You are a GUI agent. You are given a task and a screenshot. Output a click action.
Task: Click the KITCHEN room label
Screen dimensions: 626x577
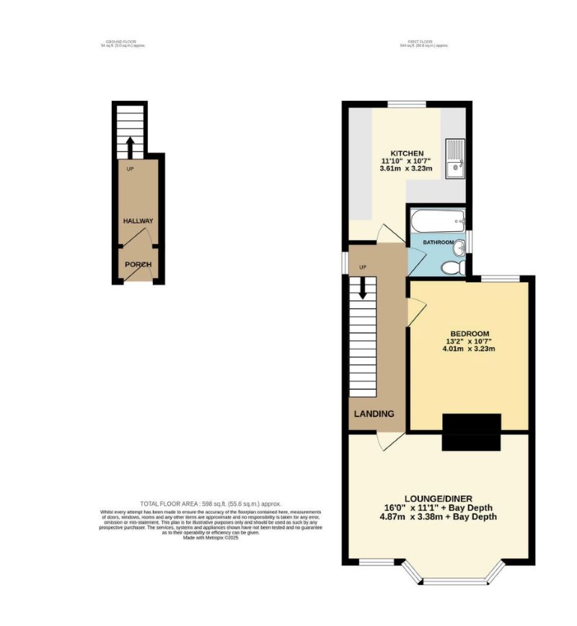pos(406,153)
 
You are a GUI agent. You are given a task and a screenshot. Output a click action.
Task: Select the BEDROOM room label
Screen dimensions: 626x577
pos(470,334)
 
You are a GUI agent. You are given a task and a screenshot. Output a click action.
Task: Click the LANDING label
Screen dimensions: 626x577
pos(374,413)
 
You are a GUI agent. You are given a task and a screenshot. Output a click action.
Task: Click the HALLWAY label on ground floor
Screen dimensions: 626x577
pos(138,221)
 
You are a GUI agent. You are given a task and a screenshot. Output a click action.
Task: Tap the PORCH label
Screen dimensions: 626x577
pos(138,265)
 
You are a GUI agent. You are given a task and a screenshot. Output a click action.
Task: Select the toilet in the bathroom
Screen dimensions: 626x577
pos(452,268)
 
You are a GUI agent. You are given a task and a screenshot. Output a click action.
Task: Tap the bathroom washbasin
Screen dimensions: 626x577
pos(459,246)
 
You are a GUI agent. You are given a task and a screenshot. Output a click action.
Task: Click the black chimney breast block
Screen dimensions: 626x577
pos(471,432)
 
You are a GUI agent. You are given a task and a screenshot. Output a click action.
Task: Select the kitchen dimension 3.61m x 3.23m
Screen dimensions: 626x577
pos(406,169)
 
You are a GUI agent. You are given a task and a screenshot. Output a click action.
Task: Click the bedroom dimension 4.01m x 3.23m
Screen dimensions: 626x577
pos(470,349)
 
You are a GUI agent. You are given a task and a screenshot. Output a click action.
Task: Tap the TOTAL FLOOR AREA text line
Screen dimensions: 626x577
pos(210,504)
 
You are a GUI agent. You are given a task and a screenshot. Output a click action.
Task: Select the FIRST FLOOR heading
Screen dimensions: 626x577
pos(423,43)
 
